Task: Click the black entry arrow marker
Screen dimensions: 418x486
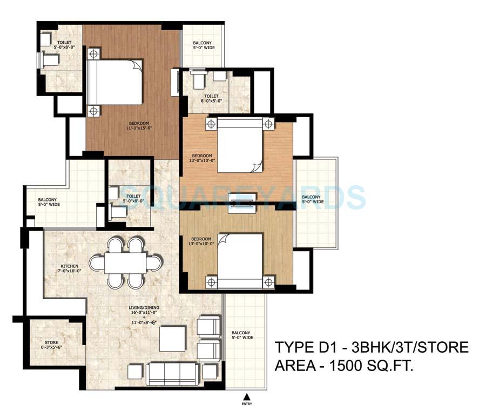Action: pyautogui.click(x=247, y=398)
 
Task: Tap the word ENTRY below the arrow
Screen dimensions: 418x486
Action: pyautogui.click(x=247, y=404)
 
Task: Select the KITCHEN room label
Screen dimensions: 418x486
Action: pyautogui.click(x=70, y=266)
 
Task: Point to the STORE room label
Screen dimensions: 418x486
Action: pyautogui.click(x=51, y=342)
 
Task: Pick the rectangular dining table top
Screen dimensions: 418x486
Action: pyautogui.click(x=125, y=263)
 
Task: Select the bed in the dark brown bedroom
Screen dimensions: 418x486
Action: pyautogui.click(x=116, y=82)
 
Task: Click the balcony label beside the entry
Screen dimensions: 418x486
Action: pyautogui.click(x=242, y=335)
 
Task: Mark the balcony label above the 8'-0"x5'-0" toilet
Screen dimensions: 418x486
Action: pyautogui.click(x=202, y=45)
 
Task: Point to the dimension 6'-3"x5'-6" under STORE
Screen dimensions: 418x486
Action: pyautogui.click(x=51, y=348)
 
